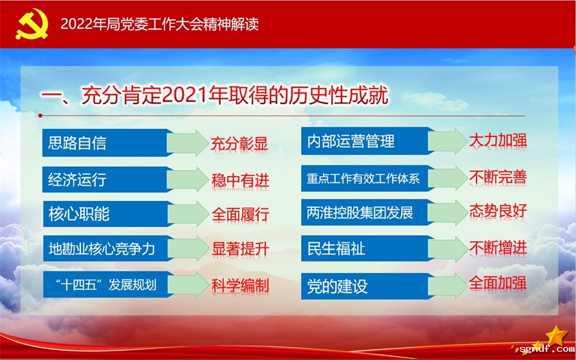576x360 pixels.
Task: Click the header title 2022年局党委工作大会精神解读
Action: (159, 24)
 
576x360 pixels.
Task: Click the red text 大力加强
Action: (498, 141)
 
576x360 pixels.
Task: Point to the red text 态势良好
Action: (498, 211)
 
